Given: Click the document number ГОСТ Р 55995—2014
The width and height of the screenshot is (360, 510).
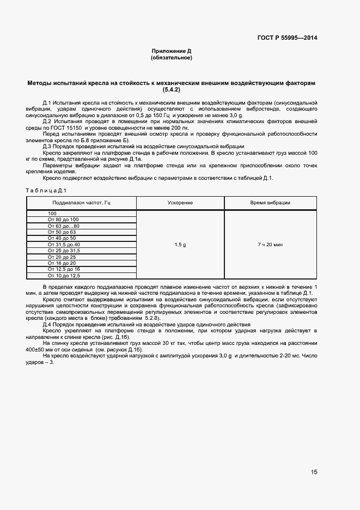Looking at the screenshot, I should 287,38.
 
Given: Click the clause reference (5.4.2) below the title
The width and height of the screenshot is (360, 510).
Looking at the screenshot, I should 172,89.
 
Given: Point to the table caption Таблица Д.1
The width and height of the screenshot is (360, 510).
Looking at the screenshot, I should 46,190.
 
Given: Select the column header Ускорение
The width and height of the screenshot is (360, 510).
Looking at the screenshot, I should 180,203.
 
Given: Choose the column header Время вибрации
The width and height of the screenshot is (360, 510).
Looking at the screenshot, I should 270,203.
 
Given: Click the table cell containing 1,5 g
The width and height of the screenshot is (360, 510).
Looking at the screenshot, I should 180,245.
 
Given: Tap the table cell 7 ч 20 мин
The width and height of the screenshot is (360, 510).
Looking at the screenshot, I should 270,245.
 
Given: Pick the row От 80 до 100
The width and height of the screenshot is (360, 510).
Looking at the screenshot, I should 63,220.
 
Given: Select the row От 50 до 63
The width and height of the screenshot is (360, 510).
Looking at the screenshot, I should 62,232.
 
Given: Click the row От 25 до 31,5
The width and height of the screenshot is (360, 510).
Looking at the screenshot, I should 64,251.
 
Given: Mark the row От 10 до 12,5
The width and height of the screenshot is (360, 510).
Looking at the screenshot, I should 64,276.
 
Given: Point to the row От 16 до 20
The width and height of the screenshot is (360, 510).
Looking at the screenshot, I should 62,263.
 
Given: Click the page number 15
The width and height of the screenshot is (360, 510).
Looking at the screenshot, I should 314,472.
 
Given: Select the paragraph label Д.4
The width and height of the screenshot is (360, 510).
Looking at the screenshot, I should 47,325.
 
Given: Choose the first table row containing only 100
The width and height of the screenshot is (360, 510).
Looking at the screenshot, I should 52,213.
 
